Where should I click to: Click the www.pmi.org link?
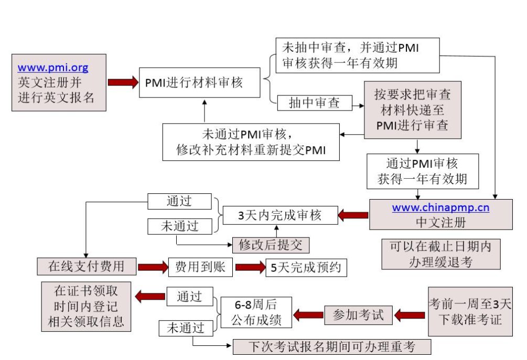pyautogui.click(x=53, y=68)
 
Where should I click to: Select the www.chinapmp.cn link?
pyautogui.click(x=440, y=208)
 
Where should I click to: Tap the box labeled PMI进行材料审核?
pyautogui.click(x=200, y=82)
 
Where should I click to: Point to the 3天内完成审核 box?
pyautogui.click(x=280, y=215)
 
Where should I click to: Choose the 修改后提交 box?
pyautogui.click(x=271, y=245)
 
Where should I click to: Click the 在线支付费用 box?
pyautogui.click(x=86, y=266)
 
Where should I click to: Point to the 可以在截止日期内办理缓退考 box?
pyautogui.click(x=440, y=254)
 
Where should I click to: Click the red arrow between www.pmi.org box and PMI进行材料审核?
pyautogui.click(x=123, y=82)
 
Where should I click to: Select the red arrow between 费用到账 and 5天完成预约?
pyautogui.click(x=250, y=267)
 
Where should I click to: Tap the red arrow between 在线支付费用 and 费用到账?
pyautogui.click(x=152, y=267)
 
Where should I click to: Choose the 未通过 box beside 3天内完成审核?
pyautogui.click(x=179, y=226)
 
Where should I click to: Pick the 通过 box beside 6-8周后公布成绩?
pyautogui.click(x=189, y=297)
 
